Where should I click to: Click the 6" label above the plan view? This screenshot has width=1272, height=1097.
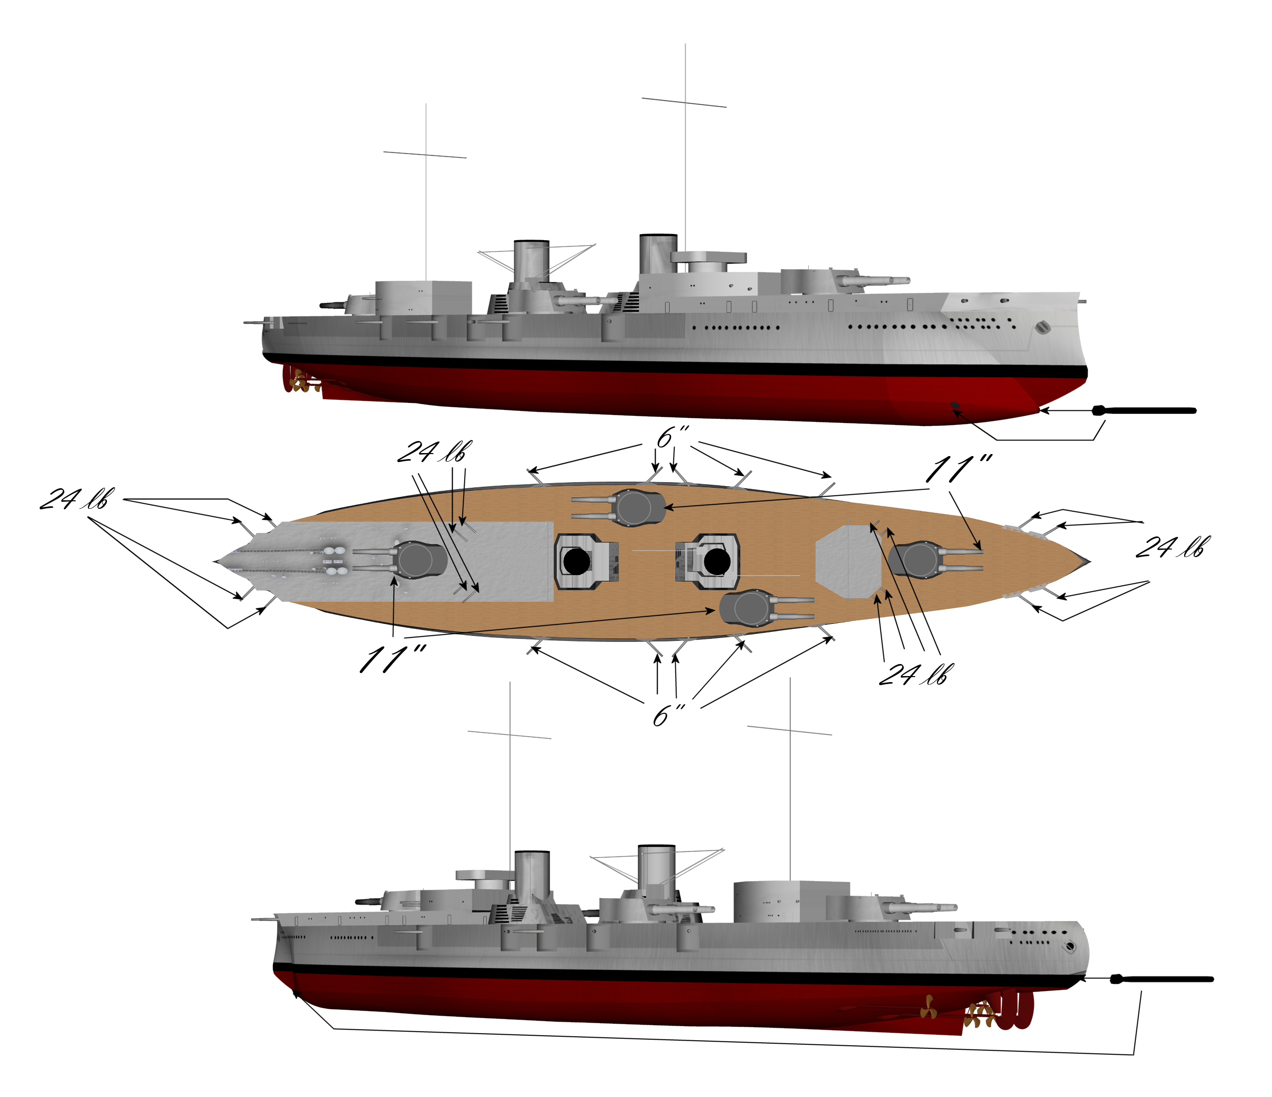click(673, 436)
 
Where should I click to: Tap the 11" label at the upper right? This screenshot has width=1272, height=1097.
click(959, 469)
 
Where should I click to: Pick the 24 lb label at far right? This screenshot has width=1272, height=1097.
click(1173, 546)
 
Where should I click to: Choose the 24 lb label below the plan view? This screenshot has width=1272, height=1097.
click(912, 674)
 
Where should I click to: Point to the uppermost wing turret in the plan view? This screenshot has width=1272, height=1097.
click(619, 507)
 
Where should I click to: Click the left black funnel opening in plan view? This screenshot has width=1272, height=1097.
click(576, 562)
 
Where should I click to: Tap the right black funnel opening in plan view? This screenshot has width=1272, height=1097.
click(716, 561)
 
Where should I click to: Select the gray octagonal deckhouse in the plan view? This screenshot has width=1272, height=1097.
click(849, 561)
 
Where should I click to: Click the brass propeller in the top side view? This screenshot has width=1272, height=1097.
click(299, 381)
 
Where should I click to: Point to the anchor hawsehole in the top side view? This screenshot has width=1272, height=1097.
click(1042, 327)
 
